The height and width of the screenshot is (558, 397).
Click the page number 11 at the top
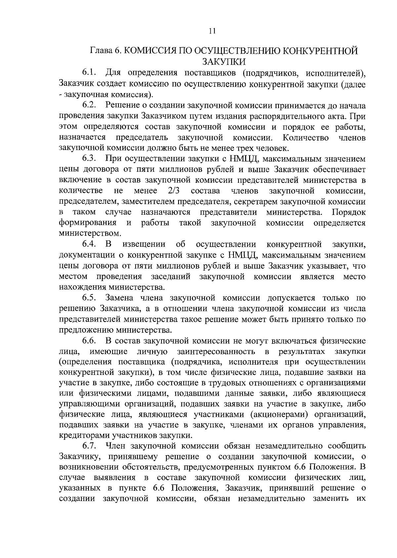coord(212,31)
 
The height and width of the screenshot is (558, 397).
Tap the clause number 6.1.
coord(89,73)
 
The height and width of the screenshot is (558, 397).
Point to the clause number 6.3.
coord(89,159)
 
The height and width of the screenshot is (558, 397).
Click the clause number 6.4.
coord(89,245)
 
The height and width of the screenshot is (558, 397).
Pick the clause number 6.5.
coord(89,298)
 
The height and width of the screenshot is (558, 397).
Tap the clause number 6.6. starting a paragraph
coord(89,341)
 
